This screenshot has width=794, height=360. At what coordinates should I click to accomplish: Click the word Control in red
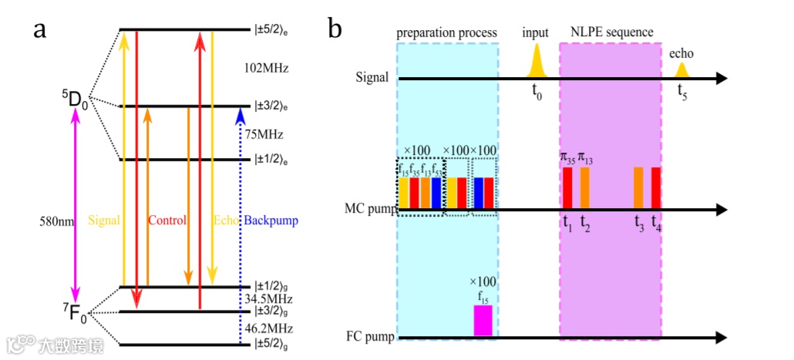167,220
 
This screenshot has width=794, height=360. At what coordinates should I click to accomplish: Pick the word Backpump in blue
271,220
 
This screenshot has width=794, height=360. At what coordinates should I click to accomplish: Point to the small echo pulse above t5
681,70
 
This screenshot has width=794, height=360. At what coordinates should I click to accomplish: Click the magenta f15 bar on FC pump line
483,321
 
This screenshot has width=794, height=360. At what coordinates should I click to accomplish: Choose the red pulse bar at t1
567,188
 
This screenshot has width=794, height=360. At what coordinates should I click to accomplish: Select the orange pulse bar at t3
638,188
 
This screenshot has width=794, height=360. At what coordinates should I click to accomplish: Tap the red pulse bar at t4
656,188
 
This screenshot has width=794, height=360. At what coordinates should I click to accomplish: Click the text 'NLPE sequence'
611,32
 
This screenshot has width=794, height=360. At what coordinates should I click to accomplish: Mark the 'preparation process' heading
446,32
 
